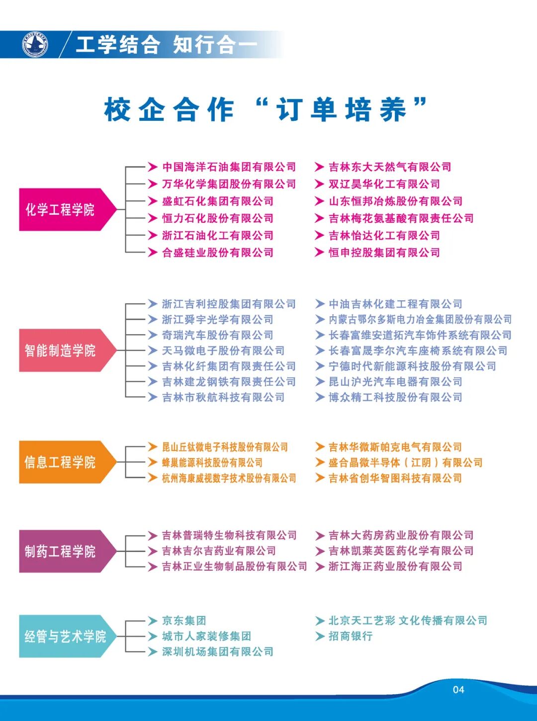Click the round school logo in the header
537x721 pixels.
coord(35,45)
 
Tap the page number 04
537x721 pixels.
coord(458,690)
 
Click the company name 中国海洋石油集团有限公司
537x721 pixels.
coord(229,167)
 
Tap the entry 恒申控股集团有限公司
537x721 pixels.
coord(384,253)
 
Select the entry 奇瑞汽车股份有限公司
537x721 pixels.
coord(217,335)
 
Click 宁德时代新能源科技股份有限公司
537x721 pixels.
coord(412,366)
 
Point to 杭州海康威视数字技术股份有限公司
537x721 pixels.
coord(229,478)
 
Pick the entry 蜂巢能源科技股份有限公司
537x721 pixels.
coord(212,463)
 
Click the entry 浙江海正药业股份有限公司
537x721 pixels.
coord(395,566)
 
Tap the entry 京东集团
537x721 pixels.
coord(183,621)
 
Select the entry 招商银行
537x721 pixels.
coord(351,636)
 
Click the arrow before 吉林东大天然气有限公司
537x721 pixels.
coord(320,167)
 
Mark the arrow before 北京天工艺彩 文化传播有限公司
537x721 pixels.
coord(320,621)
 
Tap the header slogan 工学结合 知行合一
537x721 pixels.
coord(167,45)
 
